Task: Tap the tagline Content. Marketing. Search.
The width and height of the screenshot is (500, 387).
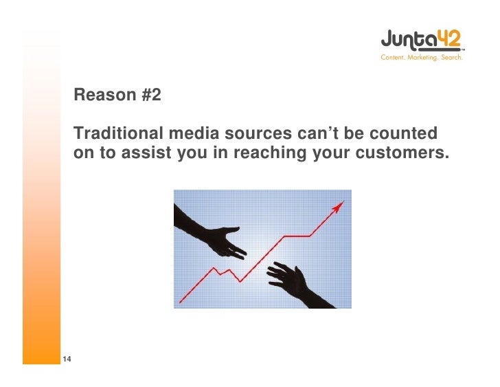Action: [422, 58]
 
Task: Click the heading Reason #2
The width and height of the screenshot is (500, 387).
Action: [117, 95]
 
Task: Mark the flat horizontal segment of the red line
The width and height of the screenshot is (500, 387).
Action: [297, 236]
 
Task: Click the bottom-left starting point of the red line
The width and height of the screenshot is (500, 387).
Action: [181, 301]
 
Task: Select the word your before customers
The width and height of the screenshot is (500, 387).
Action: [332, 153]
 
